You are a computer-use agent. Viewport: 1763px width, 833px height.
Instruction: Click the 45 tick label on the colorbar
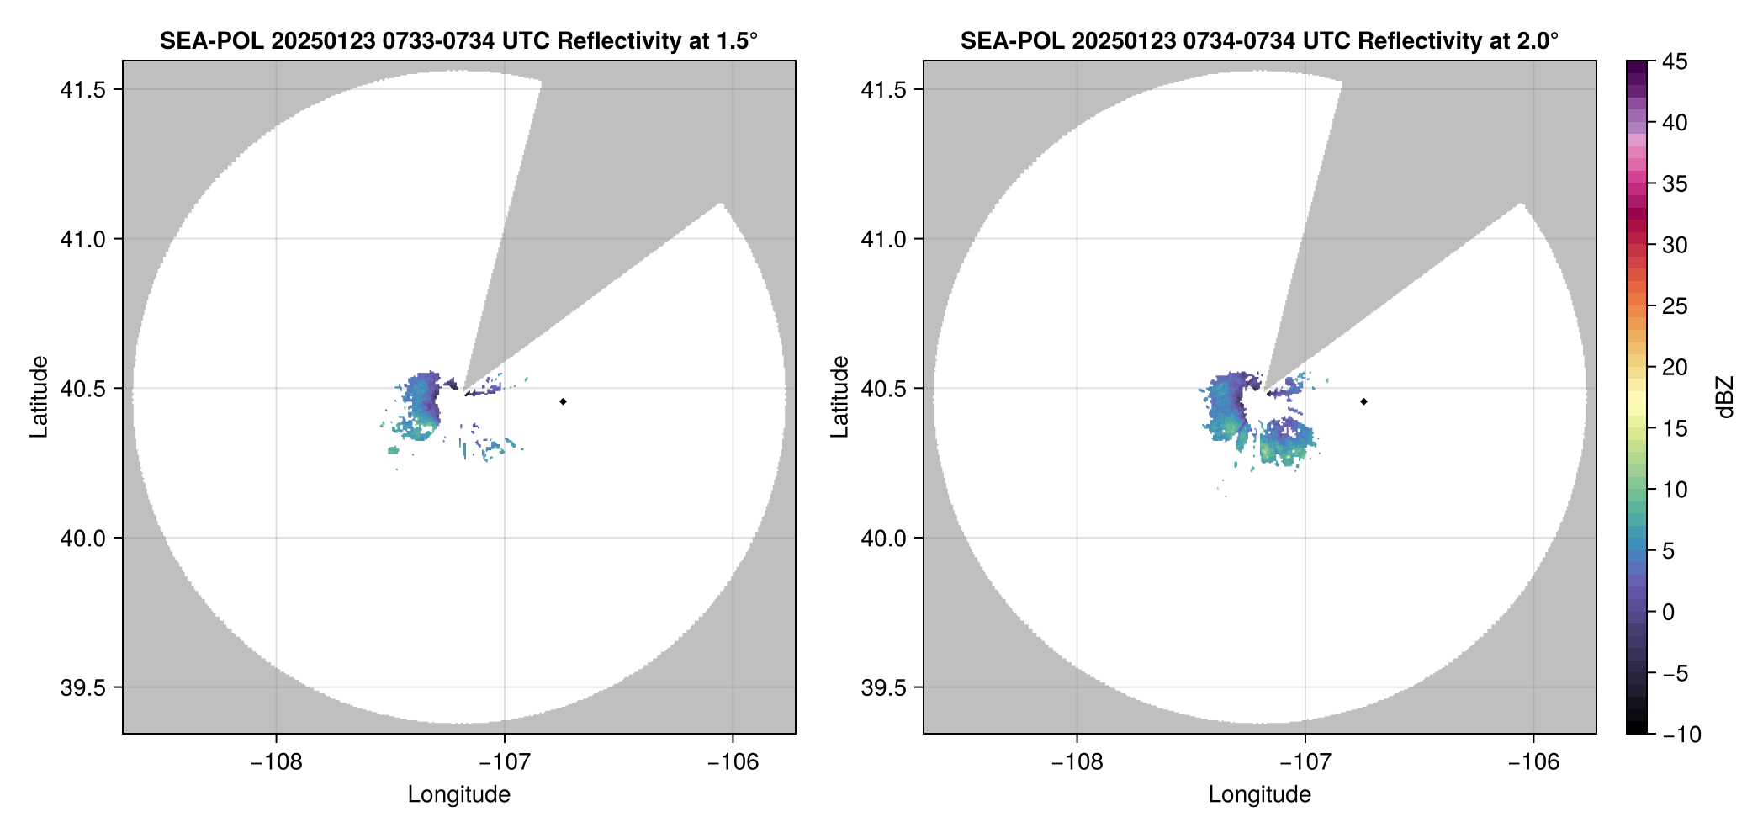coord(1674,61)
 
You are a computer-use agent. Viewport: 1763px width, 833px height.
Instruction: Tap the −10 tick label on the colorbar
coord(1681,735)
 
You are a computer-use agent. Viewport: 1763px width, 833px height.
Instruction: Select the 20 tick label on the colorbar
coord(1674,367)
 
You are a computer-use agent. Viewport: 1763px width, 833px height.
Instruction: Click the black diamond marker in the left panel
coord(563,401)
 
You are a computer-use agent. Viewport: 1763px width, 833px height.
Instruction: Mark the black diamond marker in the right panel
coord(1363,401)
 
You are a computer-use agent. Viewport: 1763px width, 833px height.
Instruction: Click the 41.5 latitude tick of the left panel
coord(82,90)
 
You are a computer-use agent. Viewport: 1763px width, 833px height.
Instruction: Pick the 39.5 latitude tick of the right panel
coord(883,687)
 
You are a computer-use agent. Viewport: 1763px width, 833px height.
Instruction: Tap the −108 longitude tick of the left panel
coord(276,762)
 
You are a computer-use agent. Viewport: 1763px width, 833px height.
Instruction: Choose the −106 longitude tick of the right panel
coord(1533,762)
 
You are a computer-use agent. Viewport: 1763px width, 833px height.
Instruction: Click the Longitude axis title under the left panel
coord(459,794)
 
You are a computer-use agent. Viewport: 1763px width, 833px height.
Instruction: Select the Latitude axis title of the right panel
coord(839,397)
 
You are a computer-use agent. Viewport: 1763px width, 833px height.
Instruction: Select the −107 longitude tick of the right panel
coord(1305,762)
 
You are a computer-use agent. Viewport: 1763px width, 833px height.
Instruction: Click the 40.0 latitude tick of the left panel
coord(82,539)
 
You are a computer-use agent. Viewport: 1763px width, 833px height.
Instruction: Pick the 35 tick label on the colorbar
coord(1674,183)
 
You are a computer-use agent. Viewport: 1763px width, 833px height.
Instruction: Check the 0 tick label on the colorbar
coord(1669,612)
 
